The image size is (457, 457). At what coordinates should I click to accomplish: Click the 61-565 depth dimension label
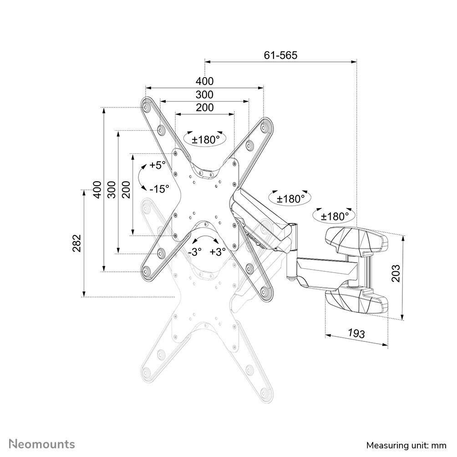[280, 55]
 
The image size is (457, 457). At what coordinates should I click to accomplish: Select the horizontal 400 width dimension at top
[204, 81]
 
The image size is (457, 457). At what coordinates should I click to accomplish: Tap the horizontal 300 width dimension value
[204, 95]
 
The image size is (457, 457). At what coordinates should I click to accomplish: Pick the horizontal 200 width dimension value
[204, 108]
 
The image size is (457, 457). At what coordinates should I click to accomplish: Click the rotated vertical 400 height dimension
[96, 189]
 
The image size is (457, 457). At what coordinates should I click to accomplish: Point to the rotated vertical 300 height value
[111, 189]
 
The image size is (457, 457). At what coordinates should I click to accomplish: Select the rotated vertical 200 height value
[126, 189]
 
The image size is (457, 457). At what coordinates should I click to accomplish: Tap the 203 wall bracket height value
[396, 273]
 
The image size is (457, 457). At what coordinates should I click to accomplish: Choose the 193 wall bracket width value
[356, 333]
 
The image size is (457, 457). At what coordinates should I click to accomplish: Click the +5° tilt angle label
[157, 165]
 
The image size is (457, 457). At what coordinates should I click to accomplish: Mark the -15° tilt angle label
[159, 188]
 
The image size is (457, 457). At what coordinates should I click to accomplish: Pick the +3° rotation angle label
[217, 252]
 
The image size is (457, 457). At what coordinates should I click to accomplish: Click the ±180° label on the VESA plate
[205, 140]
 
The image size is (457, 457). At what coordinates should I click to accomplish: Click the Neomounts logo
[42, 443]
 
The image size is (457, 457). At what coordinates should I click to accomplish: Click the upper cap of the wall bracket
[357, 240]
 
